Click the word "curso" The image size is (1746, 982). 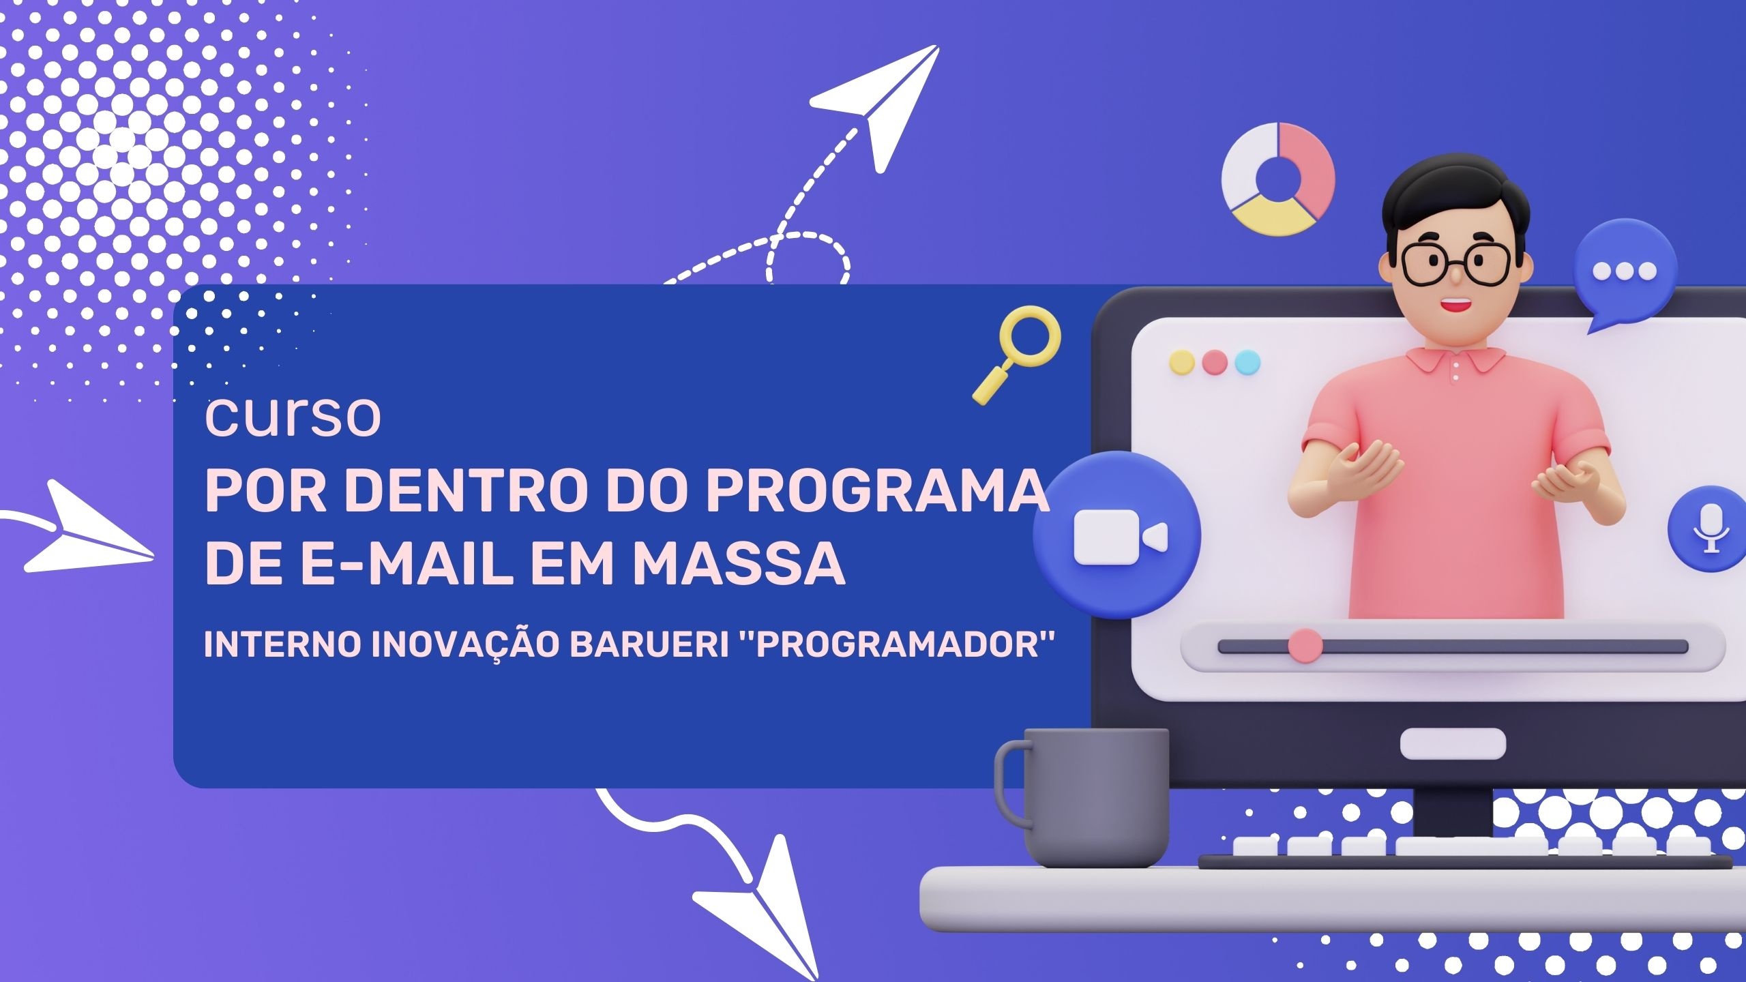(x=293, y=417)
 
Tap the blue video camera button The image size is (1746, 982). (x=1116, y=535)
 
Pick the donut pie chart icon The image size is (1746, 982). (x=1277, y=179)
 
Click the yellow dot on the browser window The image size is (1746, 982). (x=1182, y=362)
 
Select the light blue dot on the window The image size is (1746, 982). (x=1247, y=362)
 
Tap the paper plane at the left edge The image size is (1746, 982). (x=82, y=532)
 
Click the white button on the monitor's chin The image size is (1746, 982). (x=1453, y=743)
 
